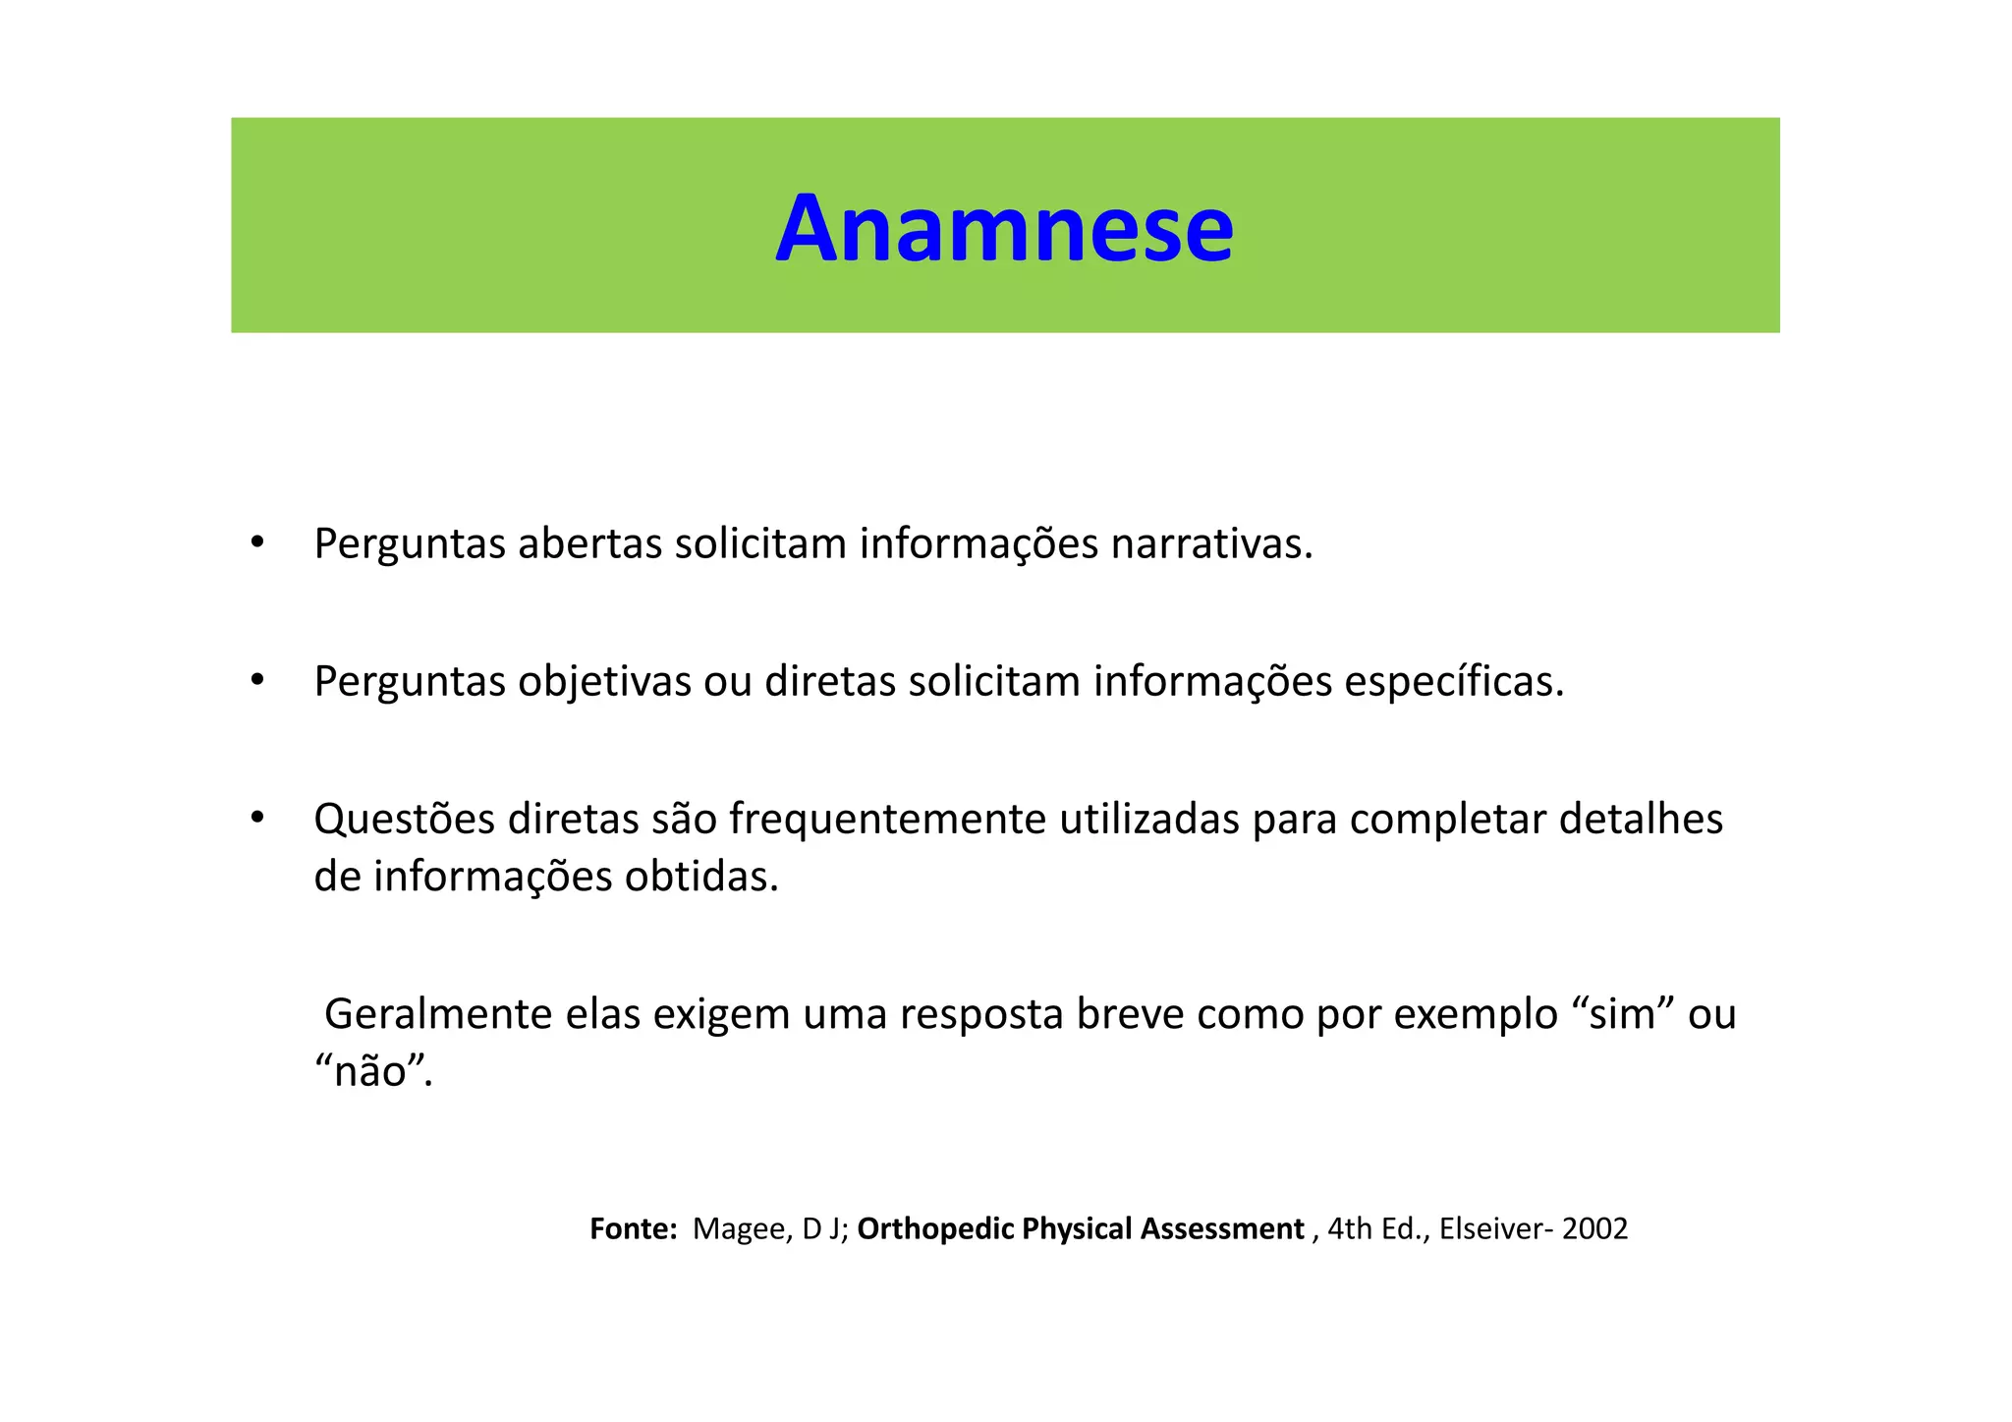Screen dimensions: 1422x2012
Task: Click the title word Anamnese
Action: [1004, 229]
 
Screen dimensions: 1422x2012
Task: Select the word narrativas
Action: [1210, 544]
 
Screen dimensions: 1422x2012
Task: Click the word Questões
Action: [404, 820]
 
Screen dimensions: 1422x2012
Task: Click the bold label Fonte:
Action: [633, 1229]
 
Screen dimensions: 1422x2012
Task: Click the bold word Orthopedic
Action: [934, 1229]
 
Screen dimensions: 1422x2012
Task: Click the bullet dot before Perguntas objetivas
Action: [257, 680]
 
